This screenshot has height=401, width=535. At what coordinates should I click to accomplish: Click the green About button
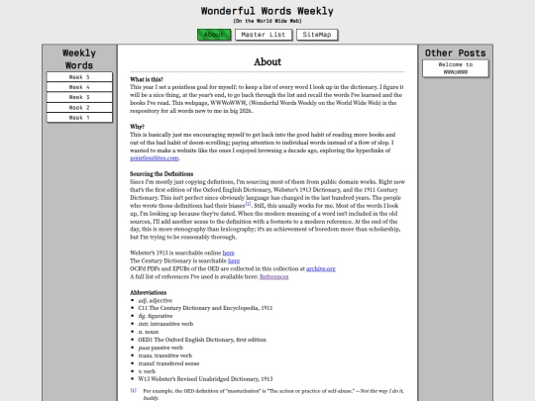[x=213, y=35]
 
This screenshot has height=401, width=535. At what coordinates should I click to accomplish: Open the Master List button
[x=263, y=35]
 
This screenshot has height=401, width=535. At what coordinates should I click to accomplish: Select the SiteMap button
[x=318, y=35]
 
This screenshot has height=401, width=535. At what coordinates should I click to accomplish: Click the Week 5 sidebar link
[x=78, y=76]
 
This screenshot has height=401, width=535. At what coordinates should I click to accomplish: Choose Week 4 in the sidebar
[x=78, y=87]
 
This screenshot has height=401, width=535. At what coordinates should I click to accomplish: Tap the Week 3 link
[x=78, y=97]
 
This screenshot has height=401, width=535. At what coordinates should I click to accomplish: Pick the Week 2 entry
[x=78, y=107]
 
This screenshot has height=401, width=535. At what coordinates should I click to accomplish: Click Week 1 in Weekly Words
[x=78, y=117]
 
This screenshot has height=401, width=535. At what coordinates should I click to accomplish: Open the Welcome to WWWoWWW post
[x=456, y=68]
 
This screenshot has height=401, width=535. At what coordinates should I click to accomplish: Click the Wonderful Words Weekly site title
[x=267, y=9]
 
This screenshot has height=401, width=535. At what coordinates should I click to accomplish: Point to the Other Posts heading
[x=456, y=52]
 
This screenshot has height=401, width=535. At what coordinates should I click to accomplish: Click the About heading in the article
[x=267, y=61]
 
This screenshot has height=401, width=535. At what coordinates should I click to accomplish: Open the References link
[x=273, y=276]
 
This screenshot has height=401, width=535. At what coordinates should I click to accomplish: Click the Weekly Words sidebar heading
[x=78, y=58]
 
